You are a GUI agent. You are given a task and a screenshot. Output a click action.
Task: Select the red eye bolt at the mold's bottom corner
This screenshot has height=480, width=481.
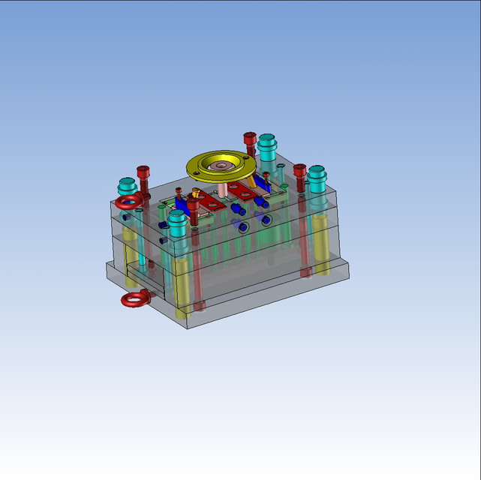coord(136,299)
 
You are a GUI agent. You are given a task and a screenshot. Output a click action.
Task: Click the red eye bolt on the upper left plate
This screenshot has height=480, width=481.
coord(129,201)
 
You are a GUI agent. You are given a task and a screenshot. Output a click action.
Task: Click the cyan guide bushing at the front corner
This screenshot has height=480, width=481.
coord(177,222)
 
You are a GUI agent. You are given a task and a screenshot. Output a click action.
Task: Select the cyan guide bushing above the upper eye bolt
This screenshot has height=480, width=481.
coord(126,185)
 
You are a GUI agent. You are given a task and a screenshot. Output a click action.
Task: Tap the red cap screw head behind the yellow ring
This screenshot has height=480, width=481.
coord(250,140)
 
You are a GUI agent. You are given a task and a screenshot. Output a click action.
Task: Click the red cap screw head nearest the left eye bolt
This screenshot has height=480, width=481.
coord(143,175)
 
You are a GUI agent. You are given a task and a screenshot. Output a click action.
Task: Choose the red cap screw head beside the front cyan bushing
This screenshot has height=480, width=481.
coord(195,211)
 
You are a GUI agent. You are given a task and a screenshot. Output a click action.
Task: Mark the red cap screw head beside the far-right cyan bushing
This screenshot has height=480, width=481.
coord(300,172)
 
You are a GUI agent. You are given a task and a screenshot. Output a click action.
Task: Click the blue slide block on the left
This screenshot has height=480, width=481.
coord(180,203)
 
